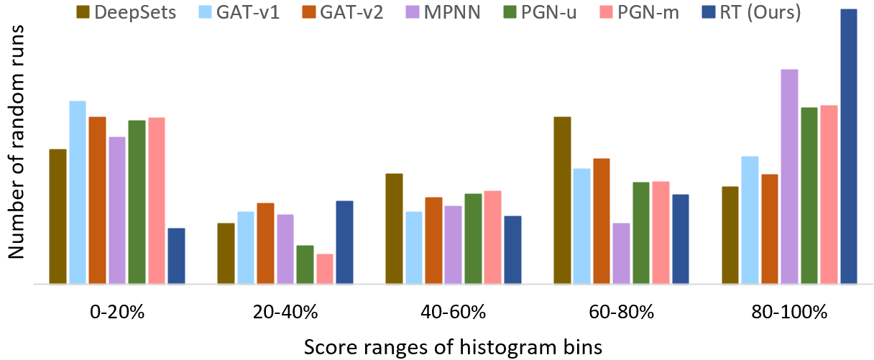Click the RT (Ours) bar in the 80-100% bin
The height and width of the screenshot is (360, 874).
849,147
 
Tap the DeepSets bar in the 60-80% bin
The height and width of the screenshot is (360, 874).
563,200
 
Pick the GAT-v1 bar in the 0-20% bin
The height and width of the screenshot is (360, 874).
78,193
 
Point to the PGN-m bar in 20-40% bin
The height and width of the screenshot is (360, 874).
325,269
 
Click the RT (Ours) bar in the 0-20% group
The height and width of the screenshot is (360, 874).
176,256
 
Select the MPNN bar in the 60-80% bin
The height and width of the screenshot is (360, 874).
622,254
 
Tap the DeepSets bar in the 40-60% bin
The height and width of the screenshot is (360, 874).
394,229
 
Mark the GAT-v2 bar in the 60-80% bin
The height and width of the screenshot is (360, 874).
602,221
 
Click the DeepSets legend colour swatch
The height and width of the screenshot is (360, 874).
85,12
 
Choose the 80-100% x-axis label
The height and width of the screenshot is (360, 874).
789,313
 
